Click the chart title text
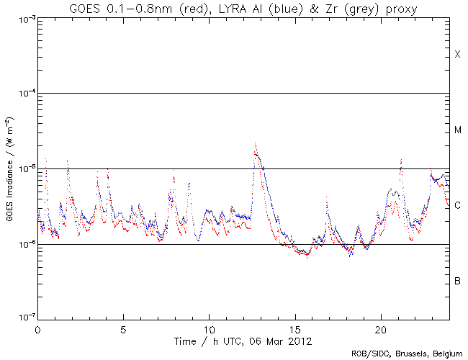pyautogui.click(x=244, y=8)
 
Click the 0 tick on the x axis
pyautogui.click(x=37, y=328)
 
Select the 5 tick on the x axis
pyautogui.click(x=123, y=328)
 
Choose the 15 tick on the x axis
pyautogui.click(x=295, y=328)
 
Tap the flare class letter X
pyautogui.click(x=457, y=55)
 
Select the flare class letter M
pyautogui.click(x=457, y=130)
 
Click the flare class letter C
pyautogui.click(x=457, y=206)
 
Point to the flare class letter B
pyautogui.click(x=457, y=281)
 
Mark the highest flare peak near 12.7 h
pyautogui.click(x=255, y=143)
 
